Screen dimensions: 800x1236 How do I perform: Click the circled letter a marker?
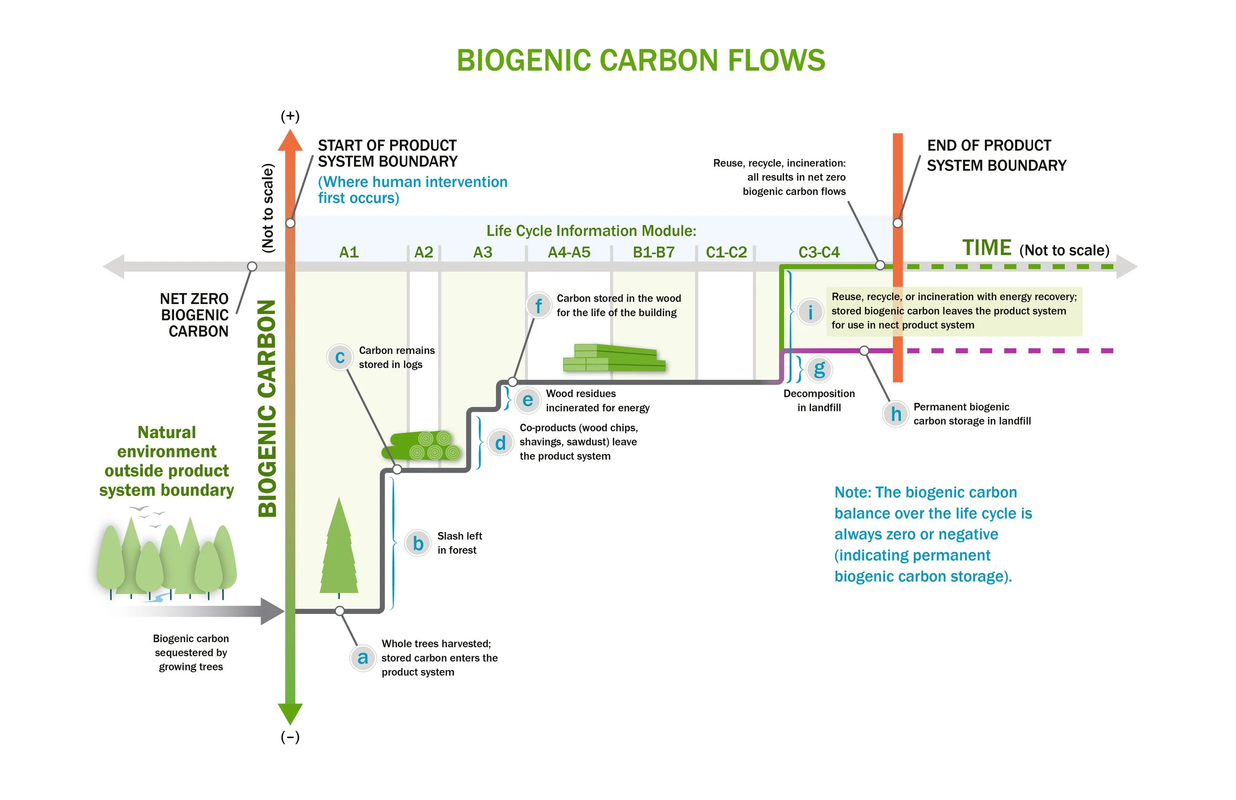click(362, 658)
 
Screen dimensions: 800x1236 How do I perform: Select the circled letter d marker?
click(500, 443)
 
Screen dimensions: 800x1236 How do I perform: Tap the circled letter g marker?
click(820, 369)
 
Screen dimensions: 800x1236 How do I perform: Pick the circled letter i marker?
click(810, 311)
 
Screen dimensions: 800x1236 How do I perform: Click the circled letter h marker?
click(896, 414)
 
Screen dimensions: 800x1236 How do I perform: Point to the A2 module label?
click(424, 253)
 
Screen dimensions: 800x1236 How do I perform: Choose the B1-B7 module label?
click(653, 253)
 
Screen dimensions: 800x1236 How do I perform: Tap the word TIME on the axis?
click(986, 248)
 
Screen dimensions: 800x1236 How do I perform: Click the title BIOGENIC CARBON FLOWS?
click(640, 60)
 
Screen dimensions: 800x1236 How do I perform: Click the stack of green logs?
click(423, 445)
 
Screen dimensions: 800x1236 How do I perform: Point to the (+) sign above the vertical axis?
click(290, 116)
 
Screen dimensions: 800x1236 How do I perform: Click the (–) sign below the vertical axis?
click(290, 737)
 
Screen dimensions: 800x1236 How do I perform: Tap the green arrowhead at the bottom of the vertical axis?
click(290, 712)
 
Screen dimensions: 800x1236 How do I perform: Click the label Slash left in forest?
click(459, 543)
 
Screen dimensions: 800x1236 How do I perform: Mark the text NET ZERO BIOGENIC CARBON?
click(195, 315)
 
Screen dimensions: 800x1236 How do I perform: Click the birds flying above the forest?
click(148, 516)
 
